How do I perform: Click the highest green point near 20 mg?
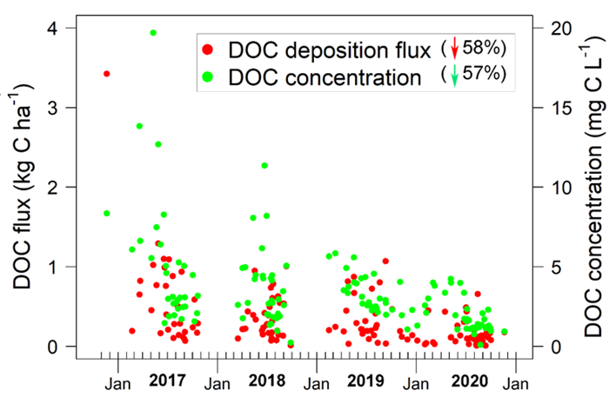coord(153,33)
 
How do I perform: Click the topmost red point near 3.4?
coord(107,74)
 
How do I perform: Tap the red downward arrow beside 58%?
coord(454,49)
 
